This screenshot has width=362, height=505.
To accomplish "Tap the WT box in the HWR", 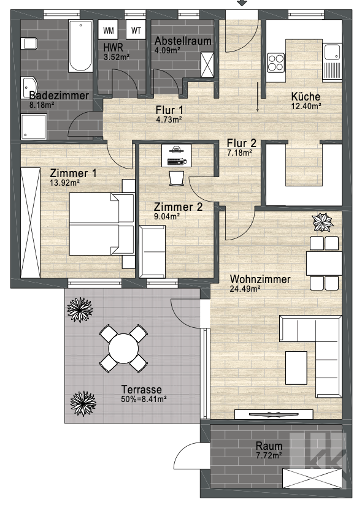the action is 136,30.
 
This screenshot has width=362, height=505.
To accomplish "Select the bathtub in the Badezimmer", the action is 80,46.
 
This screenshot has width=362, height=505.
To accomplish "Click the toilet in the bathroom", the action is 29,43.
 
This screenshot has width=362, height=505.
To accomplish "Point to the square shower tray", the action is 34,126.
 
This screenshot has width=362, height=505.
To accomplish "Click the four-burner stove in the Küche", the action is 276,63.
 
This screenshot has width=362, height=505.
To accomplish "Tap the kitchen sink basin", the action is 332,52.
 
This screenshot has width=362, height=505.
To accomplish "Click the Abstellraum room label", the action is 183,41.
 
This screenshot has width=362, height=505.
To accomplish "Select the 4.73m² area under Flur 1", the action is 169,120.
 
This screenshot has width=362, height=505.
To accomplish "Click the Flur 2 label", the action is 241,143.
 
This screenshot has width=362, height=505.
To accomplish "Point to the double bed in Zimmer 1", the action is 102,224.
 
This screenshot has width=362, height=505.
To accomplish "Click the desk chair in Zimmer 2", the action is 176,178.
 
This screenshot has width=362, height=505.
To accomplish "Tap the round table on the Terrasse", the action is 123,349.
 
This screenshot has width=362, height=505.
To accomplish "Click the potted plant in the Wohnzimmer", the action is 322,222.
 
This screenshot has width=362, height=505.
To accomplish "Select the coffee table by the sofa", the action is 296,368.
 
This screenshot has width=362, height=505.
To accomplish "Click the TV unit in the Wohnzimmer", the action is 274,414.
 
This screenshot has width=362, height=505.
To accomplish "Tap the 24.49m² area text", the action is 245,289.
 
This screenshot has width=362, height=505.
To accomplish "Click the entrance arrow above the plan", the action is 242,3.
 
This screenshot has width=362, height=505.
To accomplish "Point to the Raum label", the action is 269,446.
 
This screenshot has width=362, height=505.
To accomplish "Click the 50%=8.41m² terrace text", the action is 144,400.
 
